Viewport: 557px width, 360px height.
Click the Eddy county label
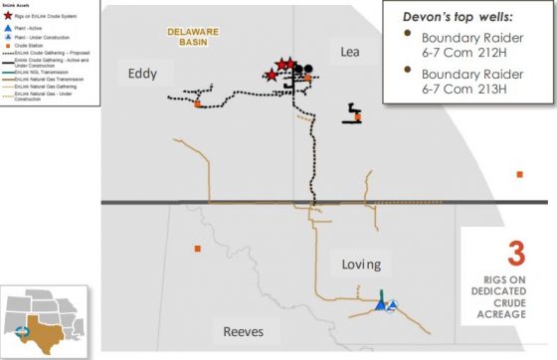(x=143, y=72)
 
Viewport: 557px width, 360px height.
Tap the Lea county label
(x=349, y=51)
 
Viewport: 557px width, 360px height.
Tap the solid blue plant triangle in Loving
(x=381, y=305)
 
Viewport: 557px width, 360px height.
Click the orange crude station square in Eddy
(x=198, y=103)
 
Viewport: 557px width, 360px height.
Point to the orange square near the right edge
(x=519, y=174)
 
